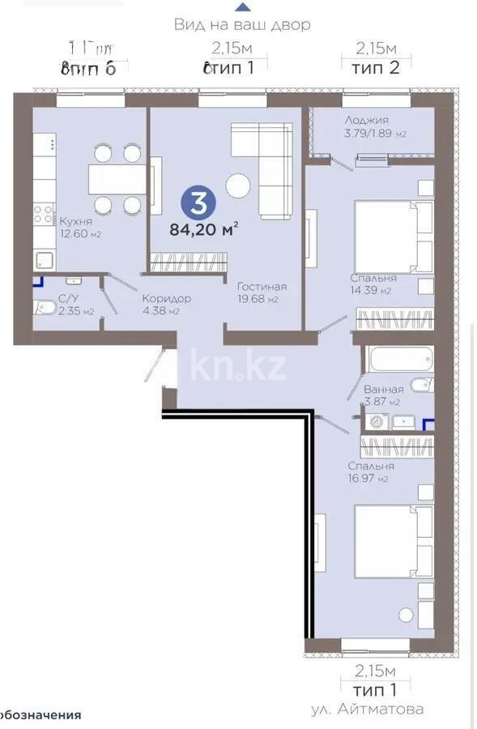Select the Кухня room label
pyautogui.click(x=75, y=221)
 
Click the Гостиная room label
pyautogui.click(x=262, y=287)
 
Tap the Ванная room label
pyautogui.click(x=384, y=390)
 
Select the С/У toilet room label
pyautogui.click(x=69, y=298)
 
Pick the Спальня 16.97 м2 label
pyautogui.click(x=370, y=467)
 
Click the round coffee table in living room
pyautogui.click(x=238, y=186)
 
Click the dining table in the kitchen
pyautogui.click(x=117, y=179)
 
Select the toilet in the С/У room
pyautogui.click(x=43, y=309)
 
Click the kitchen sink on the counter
pyautogui.click(x=44, y=260)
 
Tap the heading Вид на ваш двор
pyautogui.click(x=241, y=25)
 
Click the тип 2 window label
pyautogui.click(x=377, y=67)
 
